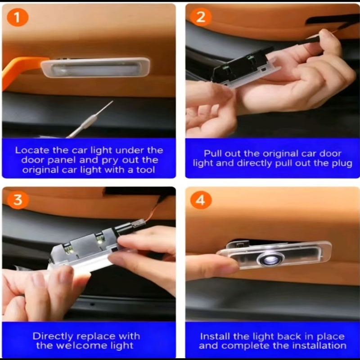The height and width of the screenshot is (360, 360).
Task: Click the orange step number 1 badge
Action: tap(18, 17)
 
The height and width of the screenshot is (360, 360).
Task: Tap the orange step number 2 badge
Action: tap(201, 17)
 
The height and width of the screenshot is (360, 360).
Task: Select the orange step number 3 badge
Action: tap(18, 199)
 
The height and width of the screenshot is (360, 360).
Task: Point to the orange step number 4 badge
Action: tap(201, 200)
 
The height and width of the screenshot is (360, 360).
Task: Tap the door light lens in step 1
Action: tap(95, 68)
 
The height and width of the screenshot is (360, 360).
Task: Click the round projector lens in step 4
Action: tap(271, 259)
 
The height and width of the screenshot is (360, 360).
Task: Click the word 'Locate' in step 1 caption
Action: tap(32, 150)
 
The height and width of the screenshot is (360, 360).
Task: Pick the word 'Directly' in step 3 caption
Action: tap(53, 337)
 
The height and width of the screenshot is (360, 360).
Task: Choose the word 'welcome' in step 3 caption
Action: tap(82, 346)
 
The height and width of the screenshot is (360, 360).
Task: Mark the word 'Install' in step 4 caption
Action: tap(215, 336)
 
